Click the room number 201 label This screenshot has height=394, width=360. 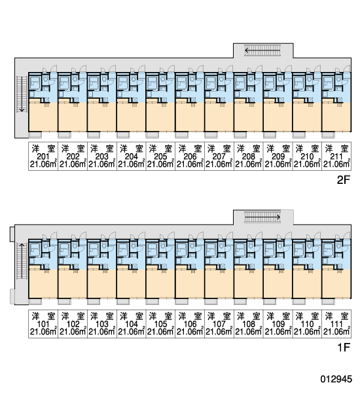[43, 156]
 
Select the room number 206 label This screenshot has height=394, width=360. [190, 156]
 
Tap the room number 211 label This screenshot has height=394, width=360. [336, 156]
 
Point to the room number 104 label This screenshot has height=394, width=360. [131, 324]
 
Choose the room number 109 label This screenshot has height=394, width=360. [278, 324]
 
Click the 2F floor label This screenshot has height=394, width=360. [343, 180]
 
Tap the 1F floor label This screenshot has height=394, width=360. [344, 348]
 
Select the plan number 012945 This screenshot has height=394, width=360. [336, 379]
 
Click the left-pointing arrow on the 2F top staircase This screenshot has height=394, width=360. [262, 50]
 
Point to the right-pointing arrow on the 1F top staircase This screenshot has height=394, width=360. [262, 217]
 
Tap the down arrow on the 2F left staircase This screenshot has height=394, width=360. [22, 94]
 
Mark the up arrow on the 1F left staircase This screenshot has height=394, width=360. [22, 261]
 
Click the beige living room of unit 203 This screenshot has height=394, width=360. [101, 117]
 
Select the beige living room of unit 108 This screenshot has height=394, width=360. [249, 283]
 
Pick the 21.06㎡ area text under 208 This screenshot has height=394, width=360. [249, 164]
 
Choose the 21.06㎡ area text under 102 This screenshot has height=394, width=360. [73, 332]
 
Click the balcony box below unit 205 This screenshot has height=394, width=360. [153, 135]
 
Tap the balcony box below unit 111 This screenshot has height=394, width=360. [328, 302]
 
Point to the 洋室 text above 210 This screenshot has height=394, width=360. [307, 149]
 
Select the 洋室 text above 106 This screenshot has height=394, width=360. [190, 316]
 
